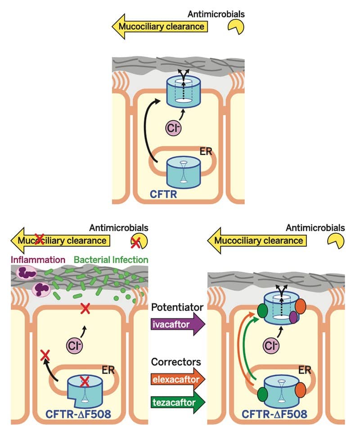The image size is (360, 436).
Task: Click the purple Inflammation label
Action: pyautogui.click(x=35, y=260)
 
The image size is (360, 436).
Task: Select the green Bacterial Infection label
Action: pyautogui.click(x=111, y=260)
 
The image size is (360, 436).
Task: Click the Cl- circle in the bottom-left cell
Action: pyautogui.click(x=74, y=345)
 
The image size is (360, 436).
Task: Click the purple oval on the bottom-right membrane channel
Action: pyautogui.click(x=293, y=318)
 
